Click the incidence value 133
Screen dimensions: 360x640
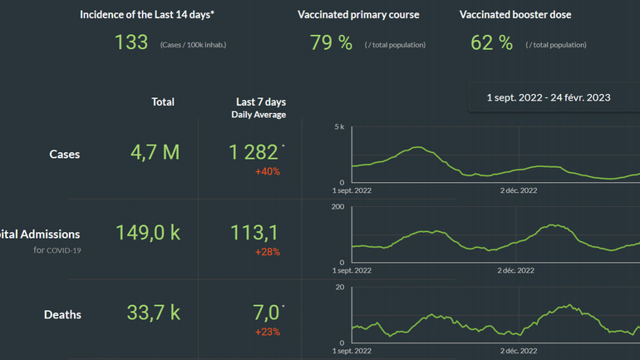131,43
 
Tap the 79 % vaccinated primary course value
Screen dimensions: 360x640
331,43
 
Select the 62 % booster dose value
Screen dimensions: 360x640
492,43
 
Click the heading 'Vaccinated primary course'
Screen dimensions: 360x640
358,15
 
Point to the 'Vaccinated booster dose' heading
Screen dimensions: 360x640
515,15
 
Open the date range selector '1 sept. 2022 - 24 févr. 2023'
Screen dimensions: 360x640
549,97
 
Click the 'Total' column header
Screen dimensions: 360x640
163,101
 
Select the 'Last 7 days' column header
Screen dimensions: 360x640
261,101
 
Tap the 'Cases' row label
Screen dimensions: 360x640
65,154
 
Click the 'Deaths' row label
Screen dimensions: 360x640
62,314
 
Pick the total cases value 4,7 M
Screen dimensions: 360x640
155,152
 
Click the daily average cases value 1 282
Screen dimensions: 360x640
254,152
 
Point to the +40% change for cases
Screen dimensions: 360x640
268,172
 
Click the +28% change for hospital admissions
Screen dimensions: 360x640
268,252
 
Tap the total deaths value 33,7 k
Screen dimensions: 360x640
153,313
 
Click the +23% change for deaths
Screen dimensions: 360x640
268,332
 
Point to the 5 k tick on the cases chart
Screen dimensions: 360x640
339,127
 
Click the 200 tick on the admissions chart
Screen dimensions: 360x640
338,207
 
